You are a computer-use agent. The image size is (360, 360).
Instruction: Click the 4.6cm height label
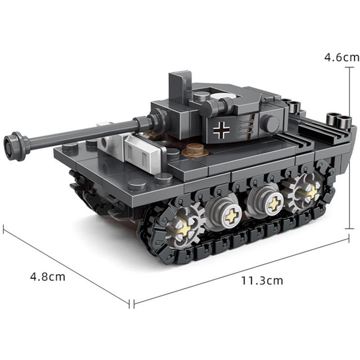click(342, 57)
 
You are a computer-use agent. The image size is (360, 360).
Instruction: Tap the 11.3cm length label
click(262, 281)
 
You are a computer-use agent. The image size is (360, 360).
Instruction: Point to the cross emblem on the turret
click(222, 129)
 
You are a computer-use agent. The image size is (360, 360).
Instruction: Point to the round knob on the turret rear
click(270, 122)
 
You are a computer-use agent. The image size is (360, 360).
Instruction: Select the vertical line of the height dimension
click(349, 148)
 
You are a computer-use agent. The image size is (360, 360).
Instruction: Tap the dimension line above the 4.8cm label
click(67, 265)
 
